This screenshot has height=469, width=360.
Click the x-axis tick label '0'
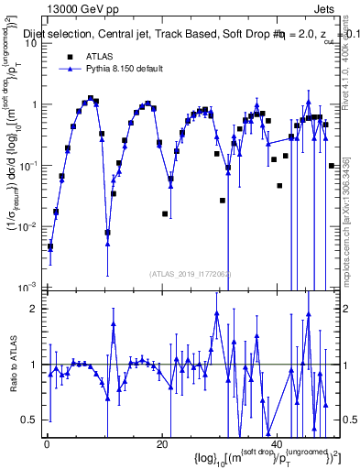pyautogui.click(x=47, y=444)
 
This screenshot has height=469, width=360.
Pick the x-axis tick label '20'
pyautogui.click(x=162, y=444)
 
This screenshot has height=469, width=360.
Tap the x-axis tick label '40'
pyautogui.click(x=277, y=444)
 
